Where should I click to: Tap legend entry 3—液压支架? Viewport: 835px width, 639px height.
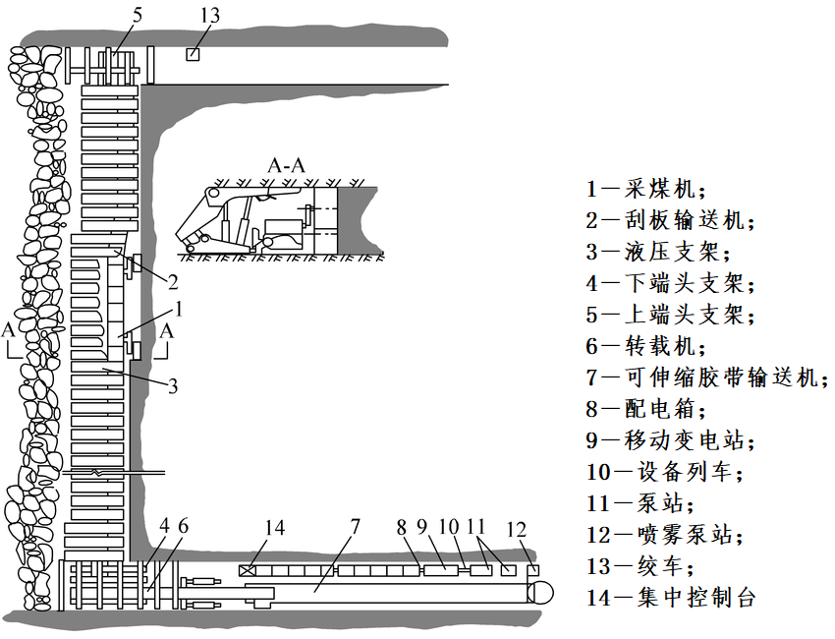point(657,252)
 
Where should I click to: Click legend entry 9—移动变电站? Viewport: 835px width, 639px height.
point(672,440)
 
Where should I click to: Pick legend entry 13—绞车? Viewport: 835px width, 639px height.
point(643,566)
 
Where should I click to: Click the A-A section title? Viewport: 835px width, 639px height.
point(286,165)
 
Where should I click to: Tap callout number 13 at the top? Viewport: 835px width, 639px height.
point(209,16)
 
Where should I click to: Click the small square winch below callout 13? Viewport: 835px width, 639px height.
point(194,55)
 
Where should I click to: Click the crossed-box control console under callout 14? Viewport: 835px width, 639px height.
point(249,570)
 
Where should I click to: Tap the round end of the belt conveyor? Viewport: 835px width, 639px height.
point(538,591)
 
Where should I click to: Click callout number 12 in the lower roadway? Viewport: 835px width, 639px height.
point(517,528)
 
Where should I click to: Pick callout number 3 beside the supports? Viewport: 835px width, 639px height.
point(172,385)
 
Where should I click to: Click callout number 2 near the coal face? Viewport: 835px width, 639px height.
point(172,283)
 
